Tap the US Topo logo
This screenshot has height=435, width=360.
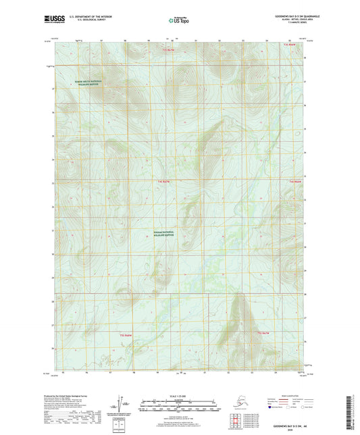point(179,20)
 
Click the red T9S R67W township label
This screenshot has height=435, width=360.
point(263,333)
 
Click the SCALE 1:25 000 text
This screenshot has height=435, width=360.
point(180,395)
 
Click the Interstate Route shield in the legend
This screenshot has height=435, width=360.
point(272,408)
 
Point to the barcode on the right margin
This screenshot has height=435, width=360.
point(353,413)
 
